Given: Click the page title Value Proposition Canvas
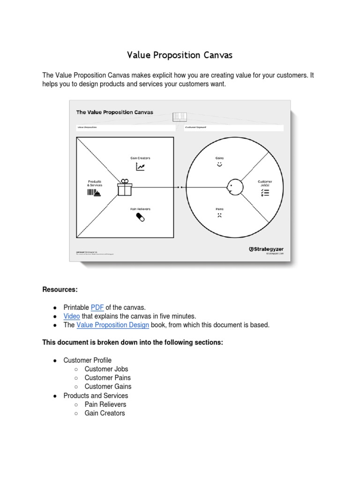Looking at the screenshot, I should pos(180,55).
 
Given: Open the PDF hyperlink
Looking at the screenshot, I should pos(97,307).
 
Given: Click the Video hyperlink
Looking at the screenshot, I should pos(72,316).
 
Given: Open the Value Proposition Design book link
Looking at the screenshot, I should pos(113,325).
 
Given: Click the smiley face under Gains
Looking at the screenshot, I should pos(219,165).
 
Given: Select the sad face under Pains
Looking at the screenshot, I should pos(219,216).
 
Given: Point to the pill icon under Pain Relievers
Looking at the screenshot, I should pos(140,217).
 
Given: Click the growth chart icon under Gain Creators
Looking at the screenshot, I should pos(140,166).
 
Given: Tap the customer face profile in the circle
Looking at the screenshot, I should pos(234,187).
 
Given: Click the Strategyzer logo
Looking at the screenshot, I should pos(266,249).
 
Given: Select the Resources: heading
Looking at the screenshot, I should pos(60,290).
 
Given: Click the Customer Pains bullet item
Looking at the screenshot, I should pos(107,378).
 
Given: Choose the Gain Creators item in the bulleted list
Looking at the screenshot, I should pos(105,413).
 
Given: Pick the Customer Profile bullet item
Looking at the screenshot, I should pos(87,360).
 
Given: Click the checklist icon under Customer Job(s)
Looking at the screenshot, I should pos(265,192).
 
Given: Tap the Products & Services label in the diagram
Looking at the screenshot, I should pos(95,183).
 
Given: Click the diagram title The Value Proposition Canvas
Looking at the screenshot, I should pos(114,112).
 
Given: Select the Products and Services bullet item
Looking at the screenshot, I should pos(96,396).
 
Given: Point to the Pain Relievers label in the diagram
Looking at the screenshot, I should pos(140,209).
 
